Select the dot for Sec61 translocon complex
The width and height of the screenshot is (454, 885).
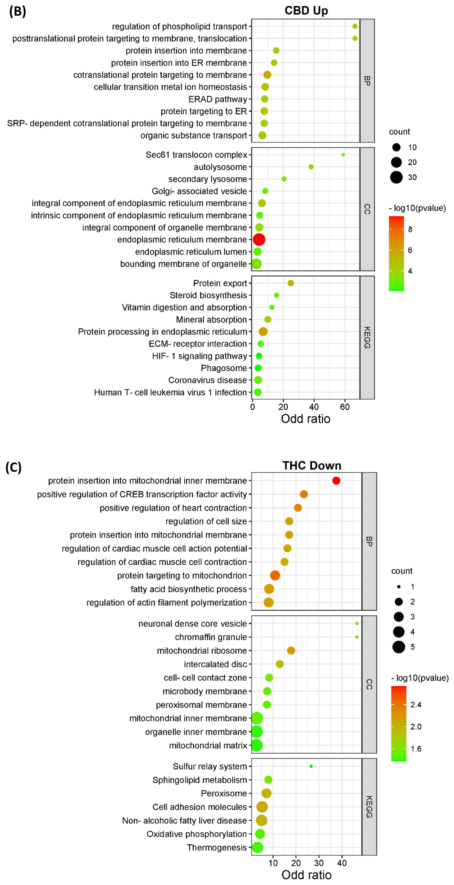(343, 155)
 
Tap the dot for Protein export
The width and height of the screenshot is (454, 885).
(291, 283)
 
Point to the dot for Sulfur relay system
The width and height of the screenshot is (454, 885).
(311, 766)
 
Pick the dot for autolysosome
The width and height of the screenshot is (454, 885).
(311, 167)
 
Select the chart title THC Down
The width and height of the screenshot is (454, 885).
(312, 466)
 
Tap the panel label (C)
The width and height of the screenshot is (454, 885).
(13, 467)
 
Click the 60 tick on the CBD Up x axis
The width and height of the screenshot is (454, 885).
(345, 407)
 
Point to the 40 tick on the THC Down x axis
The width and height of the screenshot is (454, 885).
(342, 863)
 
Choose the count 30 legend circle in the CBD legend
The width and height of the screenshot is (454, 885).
(396, 177)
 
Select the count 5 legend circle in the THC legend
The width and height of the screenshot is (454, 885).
(399, 647)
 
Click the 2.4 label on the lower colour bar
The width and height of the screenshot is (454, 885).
(416, 705)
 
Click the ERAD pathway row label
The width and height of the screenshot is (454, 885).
(218, 99)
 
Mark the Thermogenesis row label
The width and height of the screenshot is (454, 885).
(217, 848)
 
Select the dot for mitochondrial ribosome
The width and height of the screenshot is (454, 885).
(291, 650)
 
